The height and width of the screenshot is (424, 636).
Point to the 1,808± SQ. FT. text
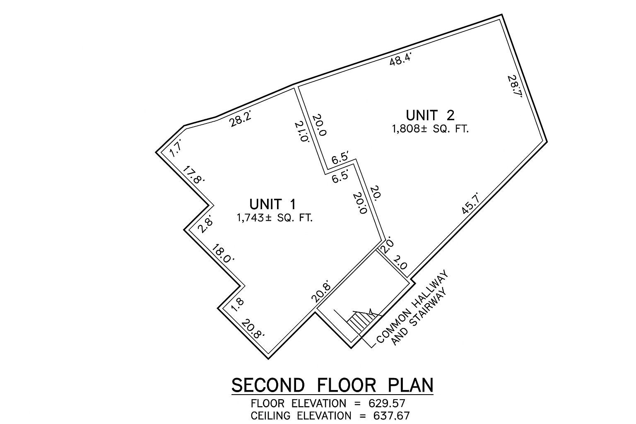(x=430, y=129)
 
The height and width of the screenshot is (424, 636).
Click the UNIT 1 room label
(x=273, y=204)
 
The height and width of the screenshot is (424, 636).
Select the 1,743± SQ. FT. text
(x=274, y=218)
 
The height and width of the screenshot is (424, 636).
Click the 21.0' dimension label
(x=302, y=131)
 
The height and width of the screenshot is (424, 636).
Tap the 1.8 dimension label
(x=237, y=304)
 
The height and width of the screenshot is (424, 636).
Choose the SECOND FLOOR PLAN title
(x=332, y=385)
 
